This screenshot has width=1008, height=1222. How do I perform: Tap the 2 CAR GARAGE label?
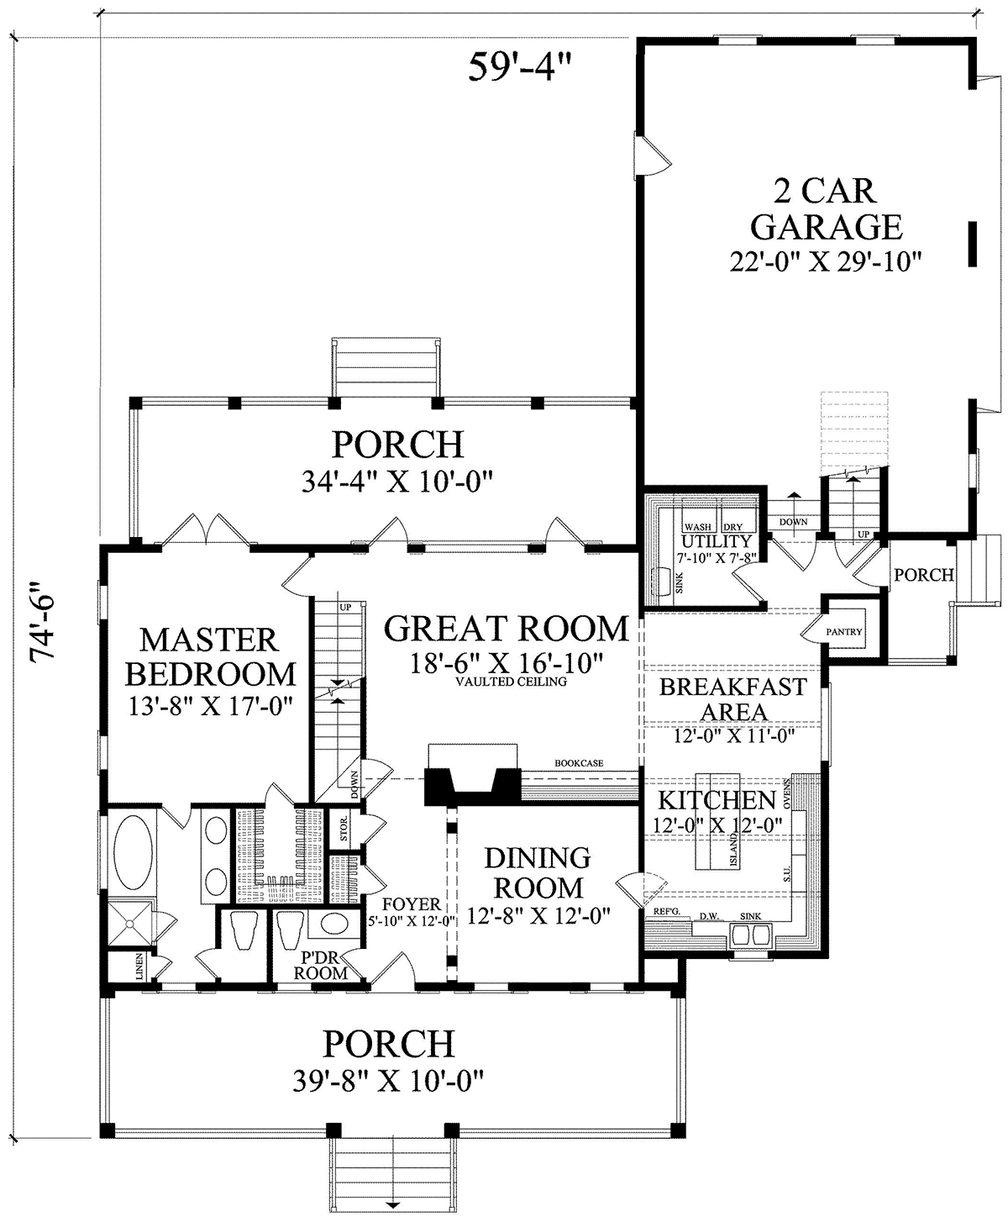click(x=826, y=209)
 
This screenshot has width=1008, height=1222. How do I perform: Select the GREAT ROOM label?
click(x=507, y=629)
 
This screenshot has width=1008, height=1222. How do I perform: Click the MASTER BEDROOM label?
click(x=211, y=657)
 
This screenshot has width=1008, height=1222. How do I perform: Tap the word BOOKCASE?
click(x=579, y=763)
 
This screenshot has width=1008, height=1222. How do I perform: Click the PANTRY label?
click(x=844, y=632)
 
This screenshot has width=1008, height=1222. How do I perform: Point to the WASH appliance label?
click(x=698, y=527)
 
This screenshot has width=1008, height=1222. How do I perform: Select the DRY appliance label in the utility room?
click(x=733, y=527)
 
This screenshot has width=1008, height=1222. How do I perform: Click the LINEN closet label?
click(x=139, y=966)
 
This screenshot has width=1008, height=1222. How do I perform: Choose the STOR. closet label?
click(x=344, y=828)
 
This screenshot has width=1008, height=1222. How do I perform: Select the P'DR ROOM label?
click(x=321, y=965)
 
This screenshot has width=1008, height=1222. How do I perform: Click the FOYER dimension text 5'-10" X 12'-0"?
click(x=412, y=920)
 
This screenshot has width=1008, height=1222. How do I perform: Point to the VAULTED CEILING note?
click(x=511, y=682)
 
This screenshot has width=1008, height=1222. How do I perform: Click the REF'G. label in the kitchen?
click(x=666, y=912)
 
